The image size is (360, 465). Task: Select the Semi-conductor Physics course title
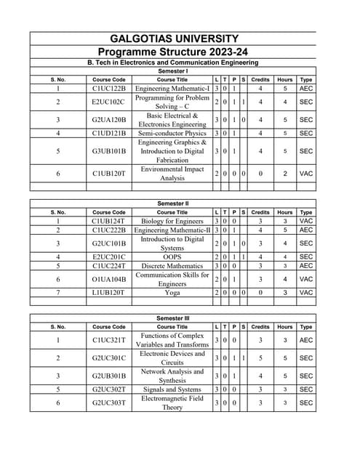pos(172,133)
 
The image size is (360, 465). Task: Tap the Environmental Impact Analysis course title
pos(172,173)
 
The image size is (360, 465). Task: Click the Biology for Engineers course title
pos(172,220)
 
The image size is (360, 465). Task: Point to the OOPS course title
pos(172,256)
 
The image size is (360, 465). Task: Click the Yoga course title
pos(172,292)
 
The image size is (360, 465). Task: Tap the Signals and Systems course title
pos(172,390)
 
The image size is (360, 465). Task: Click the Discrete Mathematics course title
pos(172,265)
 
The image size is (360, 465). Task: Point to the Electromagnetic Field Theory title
pos(172,403)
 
